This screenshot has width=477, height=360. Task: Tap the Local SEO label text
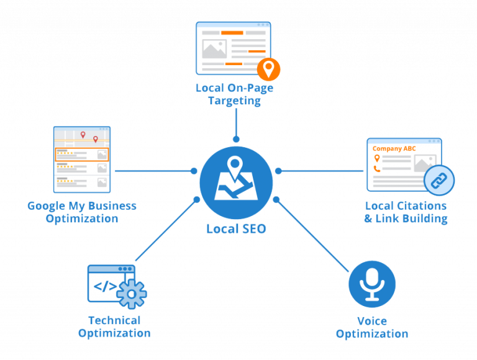[236, 228]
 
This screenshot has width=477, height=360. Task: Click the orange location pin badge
[268, 68]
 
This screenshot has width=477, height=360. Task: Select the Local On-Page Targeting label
[234, 94]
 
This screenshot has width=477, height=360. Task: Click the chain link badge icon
[439, 181]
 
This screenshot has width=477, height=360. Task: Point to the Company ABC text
[394, 149]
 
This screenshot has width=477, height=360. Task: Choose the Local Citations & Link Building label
[406, 212]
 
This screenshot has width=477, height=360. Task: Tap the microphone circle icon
[372, 284]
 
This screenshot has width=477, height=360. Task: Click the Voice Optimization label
[372, 327]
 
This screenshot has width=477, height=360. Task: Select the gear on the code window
[132, 293]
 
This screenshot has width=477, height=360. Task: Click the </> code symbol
[104, 287]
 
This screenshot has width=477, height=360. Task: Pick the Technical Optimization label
[114, 326]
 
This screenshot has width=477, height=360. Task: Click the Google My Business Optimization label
[82, 212]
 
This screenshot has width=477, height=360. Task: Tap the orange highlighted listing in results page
[81, 155]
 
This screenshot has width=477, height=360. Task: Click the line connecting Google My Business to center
[152, 170]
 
